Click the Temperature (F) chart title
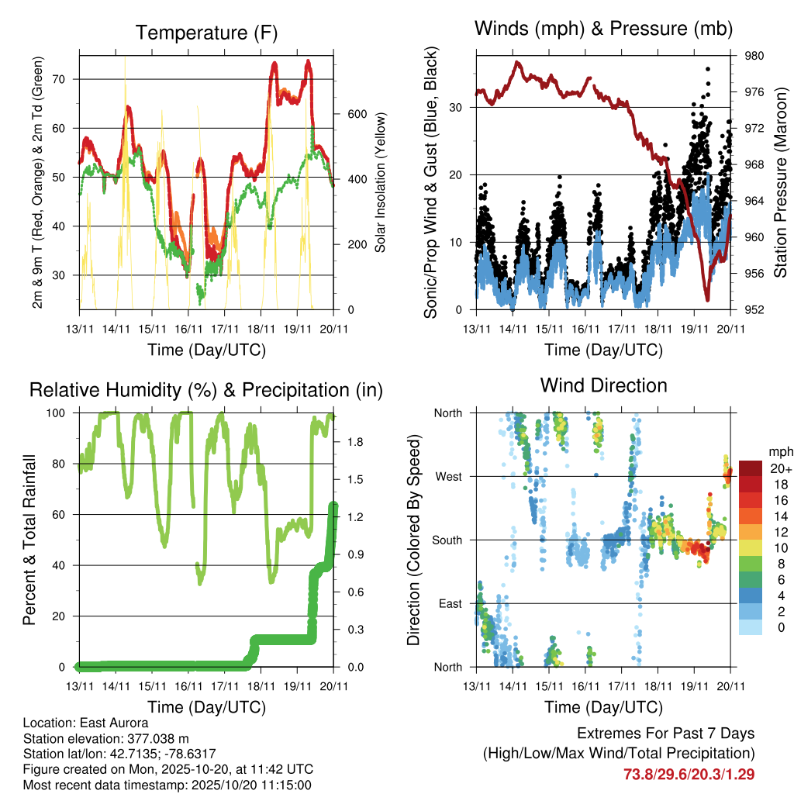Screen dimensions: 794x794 (x=206, y=33)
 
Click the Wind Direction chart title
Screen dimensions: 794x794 (x=603, y=385)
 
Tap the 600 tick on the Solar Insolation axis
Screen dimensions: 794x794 (x=345, y=114)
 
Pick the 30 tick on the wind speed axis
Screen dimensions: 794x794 (x=465, y=107)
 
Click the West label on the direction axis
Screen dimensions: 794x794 (x=449, y=476)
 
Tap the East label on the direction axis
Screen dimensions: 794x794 (x=450, y=603)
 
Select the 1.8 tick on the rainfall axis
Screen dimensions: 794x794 (x=347, y=442)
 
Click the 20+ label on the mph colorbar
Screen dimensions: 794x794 (x=780, y=469)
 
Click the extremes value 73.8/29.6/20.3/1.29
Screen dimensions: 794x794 (x=689, y=774)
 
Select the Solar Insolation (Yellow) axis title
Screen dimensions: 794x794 (x=381, y=183)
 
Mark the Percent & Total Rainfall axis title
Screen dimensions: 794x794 (x=28, y=540)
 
